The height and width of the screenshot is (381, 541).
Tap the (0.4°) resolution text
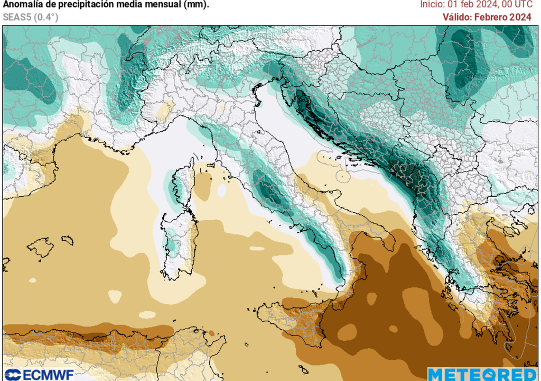click(x=46, y=17)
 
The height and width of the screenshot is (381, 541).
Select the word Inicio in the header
click(x=432, y=5)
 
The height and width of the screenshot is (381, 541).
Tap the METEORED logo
click(x=483, y=375)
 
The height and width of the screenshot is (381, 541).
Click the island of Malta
click(x=304, y=369)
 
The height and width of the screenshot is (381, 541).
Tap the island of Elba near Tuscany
click(x=210, y=165)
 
